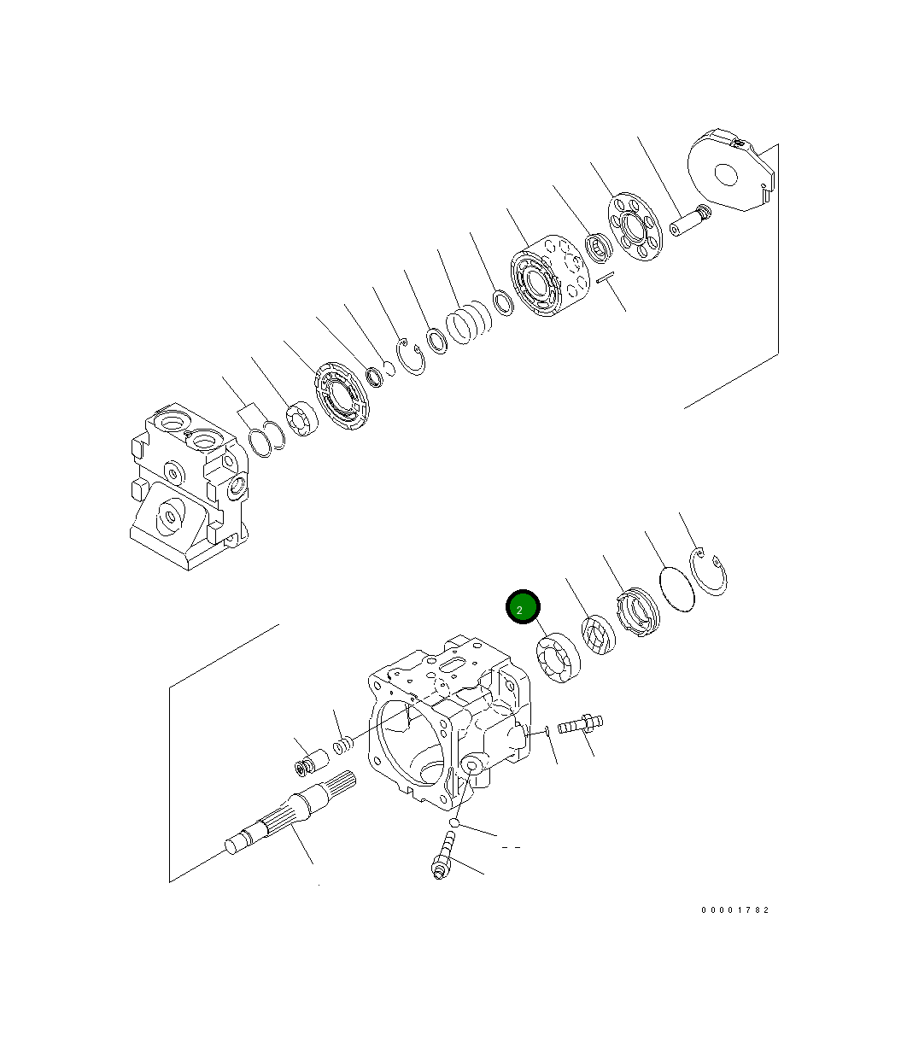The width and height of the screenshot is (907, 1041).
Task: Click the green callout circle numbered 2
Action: [523, 607]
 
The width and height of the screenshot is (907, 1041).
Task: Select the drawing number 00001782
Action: [735, 910]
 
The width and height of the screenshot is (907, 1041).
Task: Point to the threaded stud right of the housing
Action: [580, 726]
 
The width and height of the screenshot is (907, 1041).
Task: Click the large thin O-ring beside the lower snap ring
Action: [677, 589]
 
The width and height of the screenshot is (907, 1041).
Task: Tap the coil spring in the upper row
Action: [469, 325]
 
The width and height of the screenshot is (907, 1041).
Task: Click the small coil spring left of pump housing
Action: [342, 747]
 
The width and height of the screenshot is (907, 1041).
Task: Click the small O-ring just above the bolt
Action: [456, 822]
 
